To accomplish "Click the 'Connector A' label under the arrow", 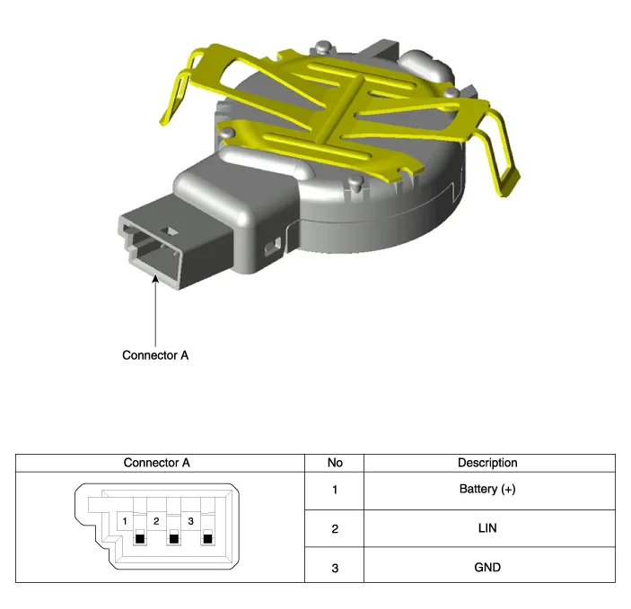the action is (x=155, y=355).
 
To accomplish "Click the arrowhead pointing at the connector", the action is (x=155, y=279).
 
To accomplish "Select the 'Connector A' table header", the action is (x=156, y=463).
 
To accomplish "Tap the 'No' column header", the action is (x=335, y=463).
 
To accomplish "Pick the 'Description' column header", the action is (x=487, y=463).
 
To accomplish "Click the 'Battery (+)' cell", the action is (x=487, y=489).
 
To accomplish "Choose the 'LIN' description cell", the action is (x=487, y=527).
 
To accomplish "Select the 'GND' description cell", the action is (x=487, y=567).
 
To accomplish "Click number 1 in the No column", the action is (x=335, y=490).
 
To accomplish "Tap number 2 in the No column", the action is (x=335, y=528).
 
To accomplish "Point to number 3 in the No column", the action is (x=335, y=568).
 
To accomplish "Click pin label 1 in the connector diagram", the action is (x=125, y=521).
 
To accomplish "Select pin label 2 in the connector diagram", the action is (x=156, y=521).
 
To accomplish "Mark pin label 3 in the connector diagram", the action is (x=191, y=521).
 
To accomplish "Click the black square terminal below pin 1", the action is (x=140, y=539).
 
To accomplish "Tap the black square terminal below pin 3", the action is (x=207, y=539).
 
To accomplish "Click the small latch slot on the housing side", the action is (x=273, y=246).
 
